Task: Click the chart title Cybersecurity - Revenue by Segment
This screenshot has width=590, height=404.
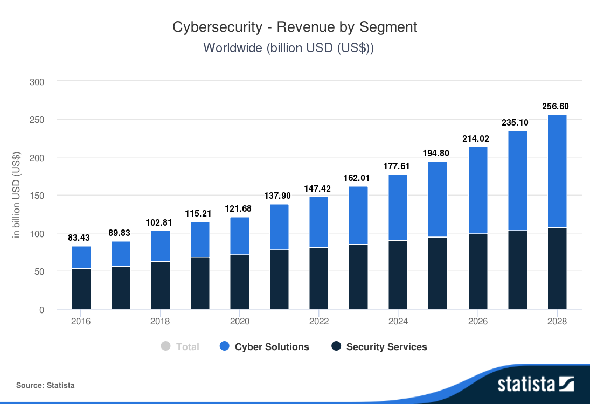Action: click(295, 27)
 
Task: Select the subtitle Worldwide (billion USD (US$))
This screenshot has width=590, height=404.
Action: click(288, 47)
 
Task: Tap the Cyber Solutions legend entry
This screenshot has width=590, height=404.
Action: click(272, 347)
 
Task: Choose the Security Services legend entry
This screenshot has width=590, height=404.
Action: click(386, 347)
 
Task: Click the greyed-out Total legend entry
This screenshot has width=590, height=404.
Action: click(187, 347)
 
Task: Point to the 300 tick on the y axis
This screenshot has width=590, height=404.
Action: click(37, 82)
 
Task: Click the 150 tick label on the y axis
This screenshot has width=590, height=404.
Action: click(37, 196)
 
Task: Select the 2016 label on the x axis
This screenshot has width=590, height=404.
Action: click(81, 322)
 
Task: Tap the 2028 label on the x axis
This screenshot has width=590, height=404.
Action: click(557, 322)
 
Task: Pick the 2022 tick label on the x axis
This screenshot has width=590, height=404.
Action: click(319, 322)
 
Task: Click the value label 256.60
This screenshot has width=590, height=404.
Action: click(557, 107)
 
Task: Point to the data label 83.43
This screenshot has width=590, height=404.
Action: click(81, 238)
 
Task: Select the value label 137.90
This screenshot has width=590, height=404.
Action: click(279, 196)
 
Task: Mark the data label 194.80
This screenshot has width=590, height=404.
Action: click(438, 153)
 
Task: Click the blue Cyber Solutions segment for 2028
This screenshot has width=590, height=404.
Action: click(557, 171)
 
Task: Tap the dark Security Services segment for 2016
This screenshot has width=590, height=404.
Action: click(81, 289)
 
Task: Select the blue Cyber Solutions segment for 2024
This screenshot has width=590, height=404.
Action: click(398, 207)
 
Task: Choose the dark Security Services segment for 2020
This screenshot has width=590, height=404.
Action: click(240, 282)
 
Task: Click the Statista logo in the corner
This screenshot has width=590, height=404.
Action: click(536, 384)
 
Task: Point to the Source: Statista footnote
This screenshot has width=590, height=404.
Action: click(45, 385)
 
